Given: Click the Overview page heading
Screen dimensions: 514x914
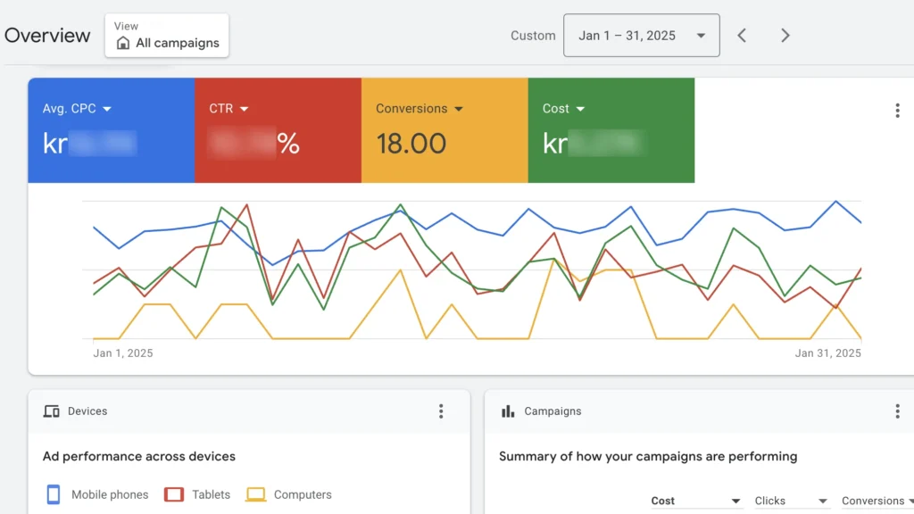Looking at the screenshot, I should tap(47, 36).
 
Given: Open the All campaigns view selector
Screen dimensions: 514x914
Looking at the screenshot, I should tap(167, 36).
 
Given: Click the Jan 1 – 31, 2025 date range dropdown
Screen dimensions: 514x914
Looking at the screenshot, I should tap(641, 36).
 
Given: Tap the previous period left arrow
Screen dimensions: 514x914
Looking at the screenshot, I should tap(742, 36).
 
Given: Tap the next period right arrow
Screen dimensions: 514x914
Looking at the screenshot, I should tap(785, 36).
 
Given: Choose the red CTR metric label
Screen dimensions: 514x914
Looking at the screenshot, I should tap(228, 109).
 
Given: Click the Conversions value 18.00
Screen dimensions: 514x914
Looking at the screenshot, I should tap(411, 143).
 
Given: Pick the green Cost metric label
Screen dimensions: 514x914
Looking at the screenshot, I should tap(563, 109).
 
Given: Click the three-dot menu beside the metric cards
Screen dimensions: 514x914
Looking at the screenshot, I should tap(897, 111).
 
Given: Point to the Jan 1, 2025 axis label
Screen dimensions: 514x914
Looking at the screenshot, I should tap(123, 353).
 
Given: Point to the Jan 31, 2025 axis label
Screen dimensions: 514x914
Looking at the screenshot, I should tap(827, 353).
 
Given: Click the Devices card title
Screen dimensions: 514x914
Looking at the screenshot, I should tap(87, 411).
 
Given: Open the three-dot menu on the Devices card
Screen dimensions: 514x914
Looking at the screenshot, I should tap(441, 411).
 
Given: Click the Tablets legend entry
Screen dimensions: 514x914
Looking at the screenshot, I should tap(210, 494).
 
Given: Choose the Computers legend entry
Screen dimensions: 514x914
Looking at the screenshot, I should tap(302, 494).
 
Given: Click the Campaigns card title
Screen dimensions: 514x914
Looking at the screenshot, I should tap(553, 411).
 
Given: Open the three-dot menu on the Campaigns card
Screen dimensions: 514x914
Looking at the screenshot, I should tap(897, 411).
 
